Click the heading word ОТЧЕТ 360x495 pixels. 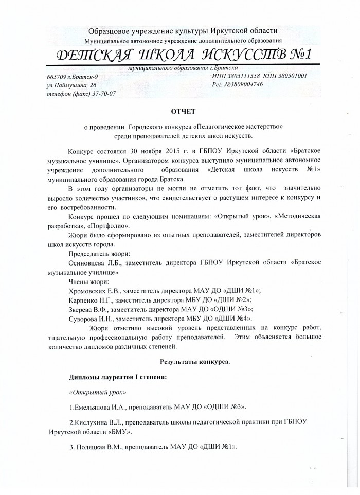tap(179, 111)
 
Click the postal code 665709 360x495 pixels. tap(57, 76)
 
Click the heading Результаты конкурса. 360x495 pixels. tap(195, 362)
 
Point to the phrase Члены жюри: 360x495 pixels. tap(88, 281)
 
